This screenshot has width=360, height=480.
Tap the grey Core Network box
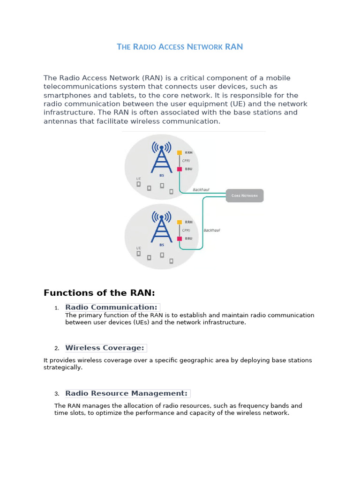click(x=245, y=195)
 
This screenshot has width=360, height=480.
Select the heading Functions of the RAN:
click(x=99, y=293)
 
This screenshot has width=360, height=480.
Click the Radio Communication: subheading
click(x=112, y=307)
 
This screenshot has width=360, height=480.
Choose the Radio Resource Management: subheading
click(x=127, y=393)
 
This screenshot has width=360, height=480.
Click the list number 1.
click(x=56, y=308)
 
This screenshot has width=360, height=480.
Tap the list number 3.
click(x=56, y=394)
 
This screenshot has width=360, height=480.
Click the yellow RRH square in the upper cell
click(x=179, y=152)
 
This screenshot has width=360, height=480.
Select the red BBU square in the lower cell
click(x=179, y=239)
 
